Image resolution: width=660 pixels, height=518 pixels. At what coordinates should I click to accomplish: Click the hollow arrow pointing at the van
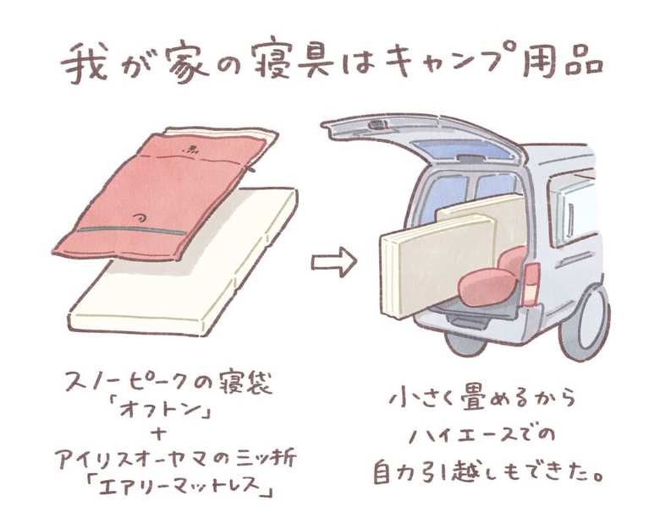click(333, 263)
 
